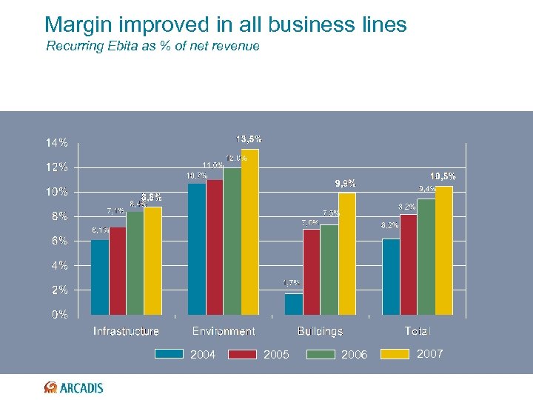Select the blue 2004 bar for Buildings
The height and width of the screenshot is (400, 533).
point(294,304)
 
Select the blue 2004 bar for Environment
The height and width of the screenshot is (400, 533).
point(197,248)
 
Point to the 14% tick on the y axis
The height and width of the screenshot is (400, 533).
point(57,142)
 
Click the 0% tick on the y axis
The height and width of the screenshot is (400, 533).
point(59,314)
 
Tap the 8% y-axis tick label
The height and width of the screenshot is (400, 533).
point(59,216)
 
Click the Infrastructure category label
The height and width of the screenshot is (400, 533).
point(126,331)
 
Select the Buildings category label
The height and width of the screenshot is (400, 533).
point(320,331)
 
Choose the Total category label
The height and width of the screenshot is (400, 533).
point(418,331)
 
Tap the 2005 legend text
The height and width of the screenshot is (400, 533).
point(277,355)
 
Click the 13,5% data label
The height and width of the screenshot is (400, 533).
point(249,139)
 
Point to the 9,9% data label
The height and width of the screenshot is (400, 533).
point(345,184)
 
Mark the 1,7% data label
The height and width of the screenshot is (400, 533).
point(292,283)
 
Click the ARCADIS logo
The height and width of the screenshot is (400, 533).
point(74,387)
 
